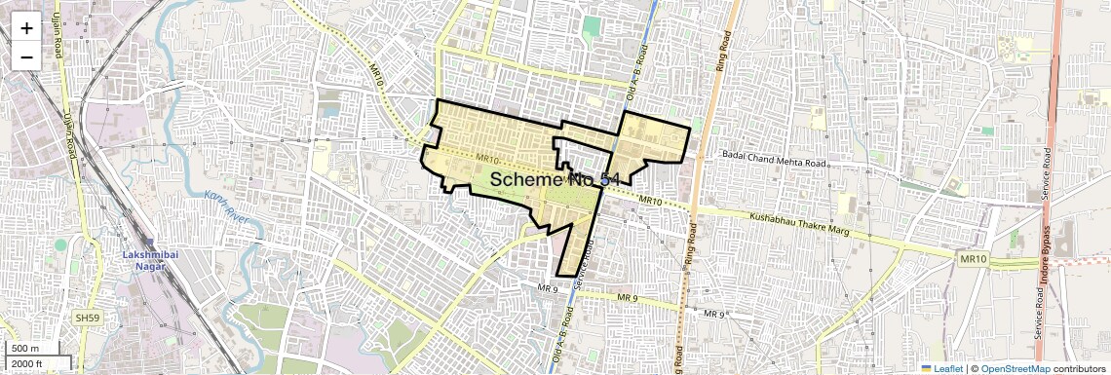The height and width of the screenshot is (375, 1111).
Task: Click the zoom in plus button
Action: (26, 27)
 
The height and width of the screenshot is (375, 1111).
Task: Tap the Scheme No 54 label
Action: (555, 179)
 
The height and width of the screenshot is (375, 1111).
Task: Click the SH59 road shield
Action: (87, 319)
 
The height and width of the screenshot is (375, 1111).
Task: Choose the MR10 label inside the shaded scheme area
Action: (488, 160)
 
